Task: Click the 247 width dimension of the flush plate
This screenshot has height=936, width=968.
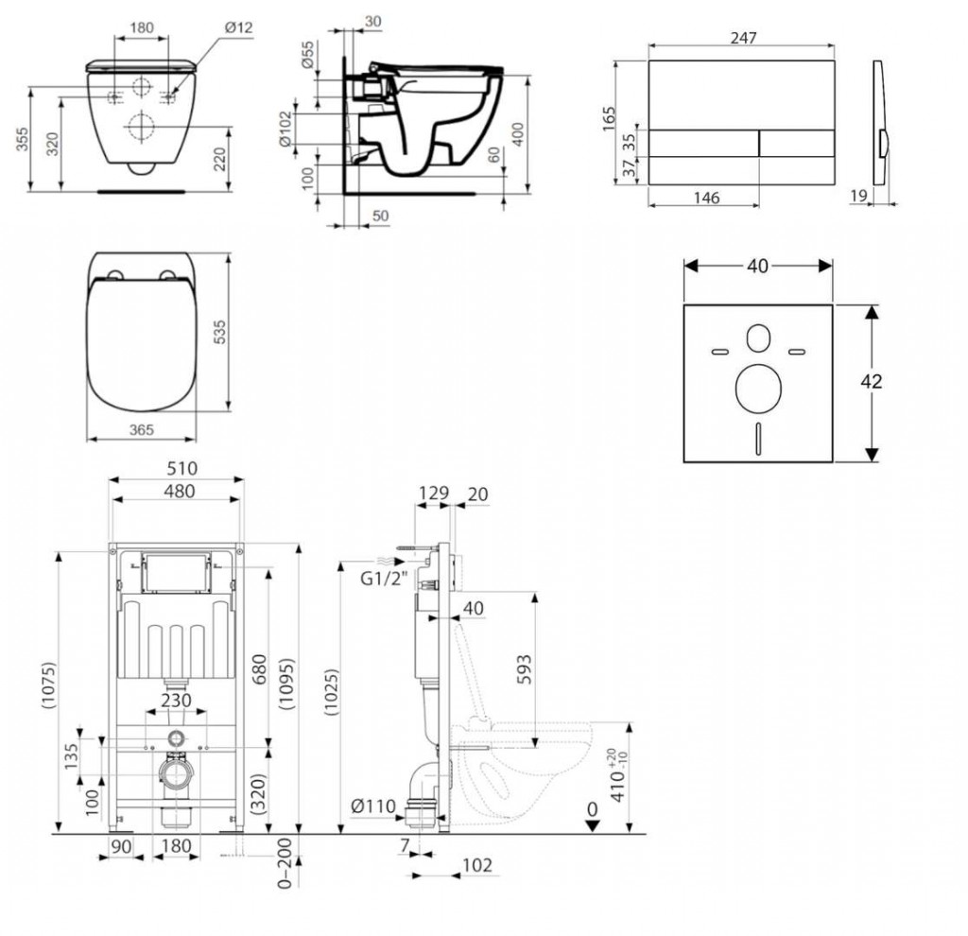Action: [x=743, y=38]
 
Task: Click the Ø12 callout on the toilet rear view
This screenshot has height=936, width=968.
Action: [x=238, y=27]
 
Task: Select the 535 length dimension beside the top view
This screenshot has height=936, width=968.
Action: [x=219, y=332]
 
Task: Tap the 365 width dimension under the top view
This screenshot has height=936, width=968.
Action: [x=142, y=430]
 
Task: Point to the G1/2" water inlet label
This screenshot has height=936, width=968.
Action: [x=384, y=579]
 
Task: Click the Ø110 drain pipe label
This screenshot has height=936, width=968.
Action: [x=372, y=806]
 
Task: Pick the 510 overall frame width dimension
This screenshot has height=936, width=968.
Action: [x=181, y=468]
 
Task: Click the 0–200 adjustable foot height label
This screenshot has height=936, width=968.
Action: [x=284, y=862]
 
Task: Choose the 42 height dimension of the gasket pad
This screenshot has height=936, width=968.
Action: [x=871, y=382]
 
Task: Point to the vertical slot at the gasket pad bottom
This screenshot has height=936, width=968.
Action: [x=759, y=439]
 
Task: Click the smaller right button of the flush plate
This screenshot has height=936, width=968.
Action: [x=797, y=144]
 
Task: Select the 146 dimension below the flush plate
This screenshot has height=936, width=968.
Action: [x=706, y=198]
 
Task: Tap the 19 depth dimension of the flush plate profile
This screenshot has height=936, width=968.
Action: [x=858, y=196]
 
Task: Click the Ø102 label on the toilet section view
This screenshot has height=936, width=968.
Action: [x=285, y=129]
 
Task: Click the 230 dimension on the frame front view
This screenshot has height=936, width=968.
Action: [x=176, y=701]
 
